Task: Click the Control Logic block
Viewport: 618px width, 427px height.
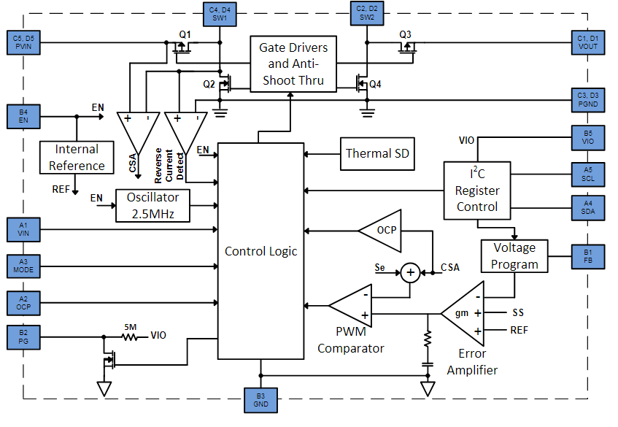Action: coord(260,250)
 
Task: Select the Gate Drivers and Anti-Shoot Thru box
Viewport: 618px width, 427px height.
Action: coord(293,64)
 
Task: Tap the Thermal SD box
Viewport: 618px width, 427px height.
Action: coord(377,153)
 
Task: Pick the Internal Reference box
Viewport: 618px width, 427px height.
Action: coord(77,157)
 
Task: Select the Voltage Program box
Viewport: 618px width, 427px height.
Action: coord(514,255)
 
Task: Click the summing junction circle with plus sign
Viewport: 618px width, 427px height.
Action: coord(410,272)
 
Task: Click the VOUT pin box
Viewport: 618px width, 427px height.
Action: coord(588,42)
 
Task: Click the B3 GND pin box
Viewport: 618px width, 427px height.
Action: coord(260,400)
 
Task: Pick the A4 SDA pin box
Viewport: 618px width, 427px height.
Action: coord(588,207)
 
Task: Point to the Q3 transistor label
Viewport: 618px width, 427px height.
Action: coord(406,34)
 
